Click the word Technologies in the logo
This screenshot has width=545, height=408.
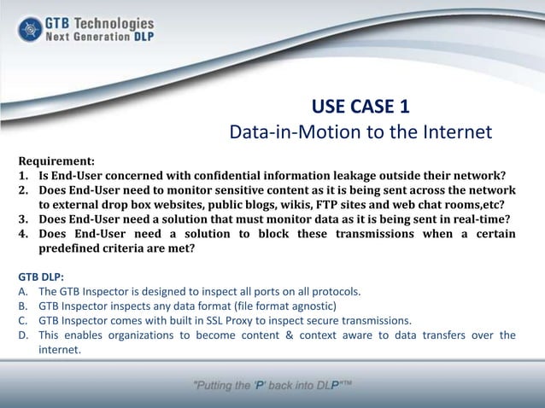(113, 22)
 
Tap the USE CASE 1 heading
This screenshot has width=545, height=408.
(360, 108)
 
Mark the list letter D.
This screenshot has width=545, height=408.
(23, 335)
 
